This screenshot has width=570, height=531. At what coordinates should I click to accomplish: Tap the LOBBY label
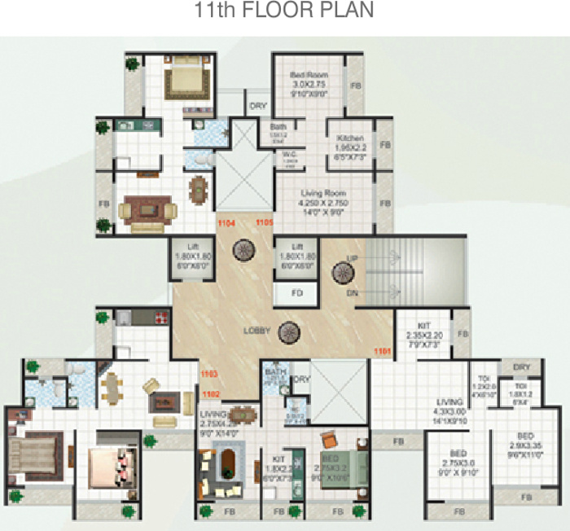[257, 331]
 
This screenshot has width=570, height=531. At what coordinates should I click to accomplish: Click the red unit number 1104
[226, 222]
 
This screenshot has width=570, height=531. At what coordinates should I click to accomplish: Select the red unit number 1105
[265, 222]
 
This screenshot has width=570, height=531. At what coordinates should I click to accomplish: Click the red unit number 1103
[209, 374]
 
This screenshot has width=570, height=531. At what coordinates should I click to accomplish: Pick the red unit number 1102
[212, 393]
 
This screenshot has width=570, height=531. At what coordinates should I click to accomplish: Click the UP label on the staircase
[352, 258]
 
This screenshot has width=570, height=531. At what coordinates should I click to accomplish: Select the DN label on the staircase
[352, 292]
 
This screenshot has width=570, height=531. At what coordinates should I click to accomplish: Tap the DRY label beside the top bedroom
[258, 106]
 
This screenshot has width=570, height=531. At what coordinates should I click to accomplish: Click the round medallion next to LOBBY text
[287, 331]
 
